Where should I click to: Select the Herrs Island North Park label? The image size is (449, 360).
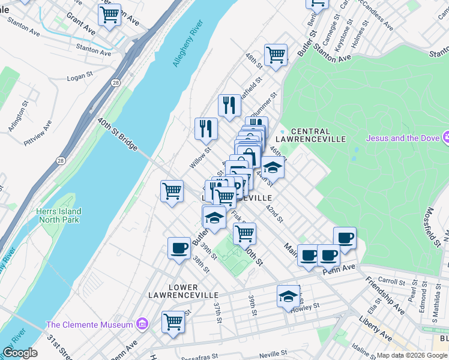(58, 215)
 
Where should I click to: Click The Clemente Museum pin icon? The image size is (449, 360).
(142, 325)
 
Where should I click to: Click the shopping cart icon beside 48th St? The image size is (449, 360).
(276, 55)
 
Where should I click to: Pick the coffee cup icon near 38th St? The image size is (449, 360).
(179, 248)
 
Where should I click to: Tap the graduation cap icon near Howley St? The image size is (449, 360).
(288, 296)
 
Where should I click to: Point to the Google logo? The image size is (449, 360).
(20, 353)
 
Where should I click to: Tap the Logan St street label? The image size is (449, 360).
(79, 77)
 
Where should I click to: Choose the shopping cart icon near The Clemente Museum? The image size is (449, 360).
(173, 321)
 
